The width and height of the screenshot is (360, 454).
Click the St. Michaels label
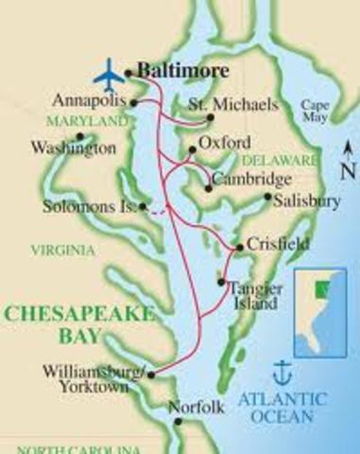(220, 102)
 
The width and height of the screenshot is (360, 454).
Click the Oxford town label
(226, 143)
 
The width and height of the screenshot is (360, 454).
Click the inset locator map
(319, 307)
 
